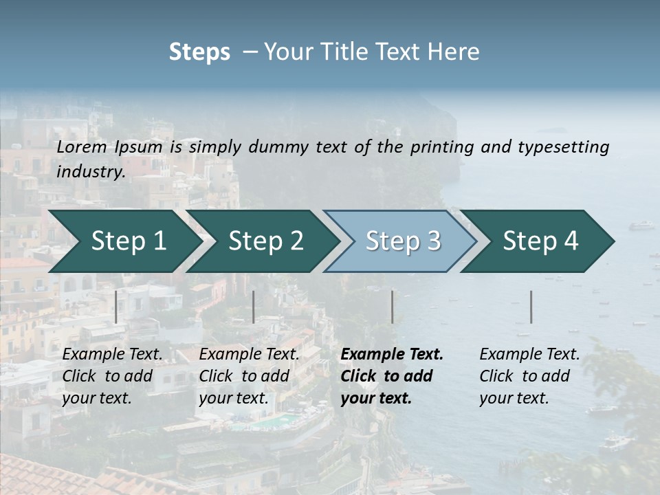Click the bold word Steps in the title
click(199, 52)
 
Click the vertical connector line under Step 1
click(116, 307)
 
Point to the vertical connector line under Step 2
click(254, 307)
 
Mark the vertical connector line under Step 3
click(392, 307)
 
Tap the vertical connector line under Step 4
click(531, 307)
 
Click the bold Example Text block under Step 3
click(392, 376)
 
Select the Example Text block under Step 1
click(112, 376)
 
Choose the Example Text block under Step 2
click(249, 376)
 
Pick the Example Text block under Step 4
click(529, 376)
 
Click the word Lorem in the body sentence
click(82, 147)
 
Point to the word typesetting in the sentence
click(565, 147)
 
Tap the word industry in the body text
click(90, 172)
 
